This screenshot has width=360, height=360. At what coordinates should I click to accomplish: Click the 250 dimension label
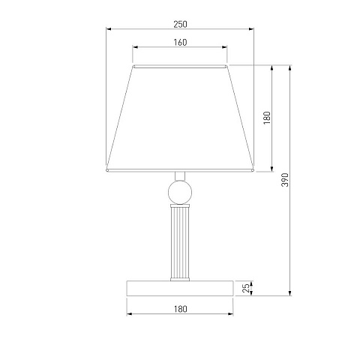coord(180,24)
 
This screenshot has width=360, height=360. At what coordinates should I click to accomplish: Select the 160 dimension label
coord(180,43)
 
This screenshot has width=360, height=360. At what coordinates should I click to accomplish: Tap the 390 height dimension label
coord(285,179)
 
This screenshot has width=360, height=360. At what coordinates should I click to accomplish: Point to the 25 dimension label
coord(246,288)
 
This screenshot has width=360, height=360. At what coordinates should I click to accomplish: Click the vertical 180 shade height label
coord(267,118)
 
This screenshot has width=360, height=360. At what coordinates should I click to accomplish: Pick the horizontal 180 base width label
coord(180,309)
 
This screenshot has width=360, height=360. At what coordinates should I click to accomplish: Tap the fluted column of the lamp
coord(180,242)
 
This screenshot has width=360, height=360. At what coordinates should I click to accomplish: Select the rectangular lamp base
coord(180,288)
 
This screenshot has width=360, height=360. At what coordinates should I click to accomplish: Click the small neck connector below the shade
coord(180,176)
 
